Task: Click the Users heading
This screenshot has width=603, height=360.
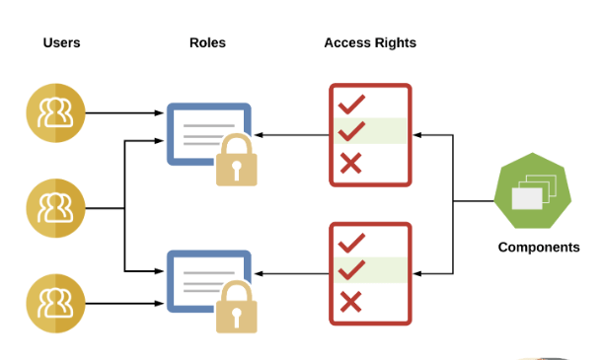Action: coord(61,42)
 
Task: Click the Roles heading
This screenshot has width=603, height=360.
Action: coord(207,42)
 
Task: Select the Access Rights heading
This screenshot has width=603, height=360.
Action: coord(370,42)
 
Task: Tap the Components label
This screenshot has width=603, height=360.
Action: coord(538,248)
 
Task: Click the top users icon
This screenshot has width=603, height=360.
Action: coord(50,111)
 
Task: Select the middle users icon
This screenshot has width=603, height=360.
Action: coord(50,207)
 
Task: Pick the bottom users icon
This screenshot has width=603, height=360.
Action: coord(50,302)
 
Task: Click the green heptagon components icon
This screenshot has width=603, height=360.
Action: coord(530,191)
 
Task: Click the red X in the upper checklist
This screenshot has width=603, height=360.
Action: coord(350,163)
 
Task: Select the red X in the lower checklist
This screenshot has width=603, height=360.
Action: coord(350,303)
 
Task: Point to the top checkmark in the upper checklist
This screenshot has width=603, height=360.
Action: coord(351,103)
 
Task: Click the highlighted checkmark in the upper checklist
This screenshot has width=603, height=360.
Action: coord(351,130)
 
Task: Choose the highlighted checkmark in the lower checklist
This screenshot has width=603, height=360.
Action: coord(351,269)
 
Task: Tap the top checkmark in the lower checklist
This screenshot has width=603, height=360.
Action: coord(351,242)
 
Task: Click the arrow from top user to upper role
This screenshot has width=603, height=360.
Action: coord(123,112)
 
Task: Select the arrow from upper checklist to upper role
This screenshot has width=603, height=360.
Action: coord(291,133)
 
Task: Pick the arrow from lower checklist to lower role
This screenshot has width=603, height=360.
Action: coord(291,271)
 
